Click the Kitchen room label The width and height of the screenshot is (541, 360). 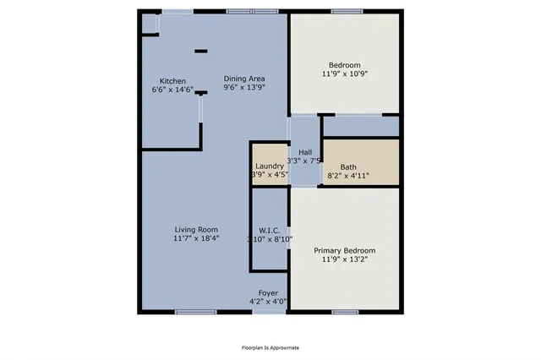(161, 80)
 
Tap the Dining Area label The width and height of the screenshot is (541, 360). (244, 78)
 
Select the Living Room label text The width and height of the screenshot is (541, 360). (196, 229)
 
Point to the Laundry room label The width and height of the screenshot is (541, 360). (270, 166)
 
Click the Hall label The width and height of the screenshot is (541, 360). (305, 152)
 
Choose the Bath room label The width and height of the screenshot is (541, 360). (348, 166)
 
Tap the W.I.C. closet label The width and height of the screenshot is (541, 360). (270, 230)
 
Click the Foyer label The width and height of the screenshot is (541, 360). (268, 292)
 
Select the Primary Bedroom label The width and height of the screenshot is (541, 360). (344, 251)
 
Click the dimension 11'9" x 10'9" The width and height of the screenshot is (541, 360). (344, 74)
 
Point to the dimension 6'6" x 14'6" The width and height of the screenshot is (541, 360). (172, 89)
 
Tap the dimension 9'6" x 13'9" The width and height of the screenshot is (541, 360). (244, 86)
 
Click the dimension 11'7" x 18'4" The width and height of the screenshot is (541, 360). (196, 237)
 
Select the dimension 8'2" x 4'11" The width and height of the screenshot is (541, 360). (348, 175)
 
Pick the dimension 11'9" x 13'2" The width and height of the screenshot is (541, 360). (344, 259)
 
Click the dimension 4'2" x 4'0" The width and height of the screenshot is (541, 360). (268, 301)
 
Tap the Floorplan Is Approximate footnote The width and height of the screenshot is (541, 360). (270, 347)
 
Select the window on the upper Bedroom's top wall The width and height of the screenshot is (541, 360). (344, 11)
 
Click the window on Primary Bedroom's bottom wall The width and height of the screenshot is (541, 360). (344, 312)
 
